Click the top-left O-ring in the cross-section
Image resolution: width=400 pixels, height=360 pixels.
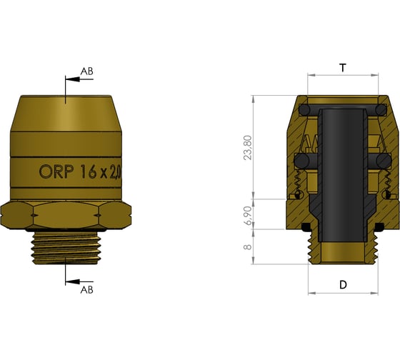(305, 109)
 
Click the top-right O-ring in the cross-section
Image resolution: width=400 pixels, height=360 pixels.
(380, 109)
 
